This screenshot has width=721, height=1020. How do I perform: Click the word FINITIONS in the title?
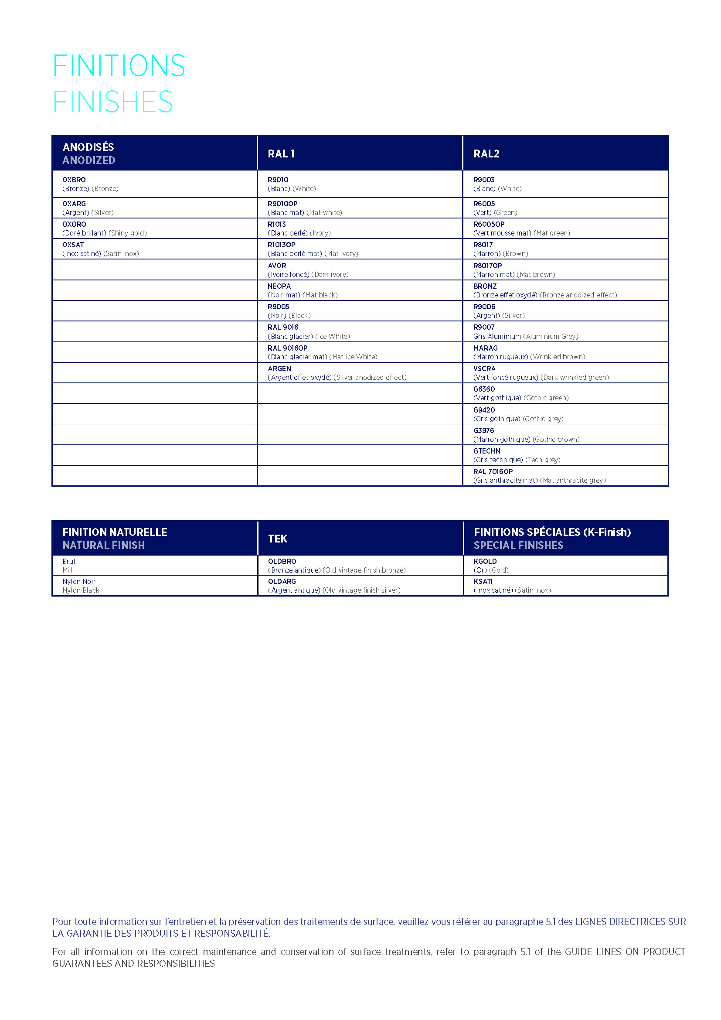(x=119, y=66)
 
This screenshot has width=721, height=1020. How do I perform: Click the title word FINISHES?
(x=113, y=102)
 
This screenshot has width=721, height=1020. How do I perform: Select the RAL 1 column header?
(x=281, y=154)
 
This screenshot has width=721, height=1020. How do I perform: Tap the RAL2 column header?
(x=486, y=154)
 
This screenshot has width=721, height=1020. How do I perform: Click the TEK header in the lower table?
(x=278, y=539)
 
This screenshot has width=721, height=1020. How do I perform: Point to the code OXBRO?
(x=74, y=180)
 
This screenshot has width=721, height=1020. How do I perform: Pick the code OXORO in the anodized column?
(x=74, y=224)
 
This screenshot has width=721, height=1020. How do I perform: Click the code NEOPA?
(x=279, y=286)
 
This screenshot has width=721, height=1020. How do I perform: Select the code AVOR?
(x=277, y=266)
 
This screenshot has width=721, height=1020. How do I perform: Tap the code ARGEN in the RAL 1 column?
(x=279, y=369)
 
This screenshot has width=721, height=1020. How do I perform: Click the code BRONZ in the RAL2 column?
(x=485, y=286)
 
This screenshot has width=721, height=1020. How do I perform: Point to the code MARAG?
(x=485, y=348)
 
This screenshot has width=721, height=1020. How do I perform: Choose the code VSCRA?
(x=484, y=369)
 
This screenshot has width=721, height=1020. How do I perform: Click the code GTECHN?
(x=486, y=451)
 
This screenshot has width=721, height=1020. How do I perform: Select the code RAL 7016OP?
(x=493, y=471)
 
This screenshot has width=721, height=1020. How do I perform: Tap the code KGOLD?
(x=485, y=562)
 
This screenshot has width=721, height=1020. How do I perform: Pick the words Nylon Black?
(x=81, y=590)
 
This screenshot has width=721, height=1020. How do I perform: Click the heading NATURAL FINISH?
(x=103, y=545)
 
